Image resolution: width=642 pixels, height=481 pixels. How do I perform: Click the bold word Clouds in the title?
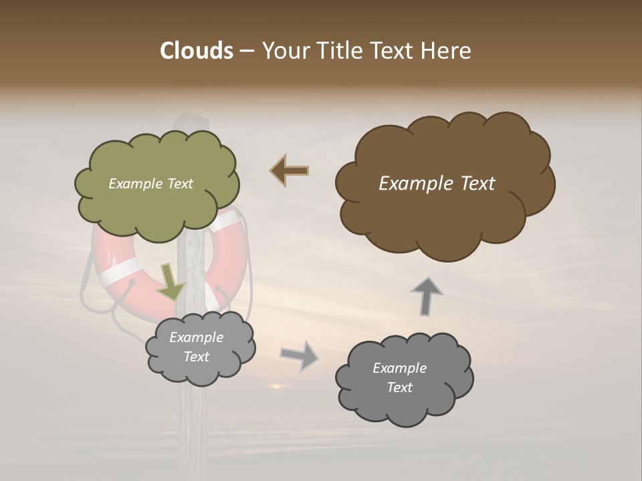coord(196,51)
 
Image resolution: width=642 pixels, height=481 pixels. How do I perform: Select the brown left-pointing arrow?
coord(290,171)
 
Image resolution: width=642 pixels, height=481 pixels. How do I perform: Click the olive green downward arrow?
coord(171,283)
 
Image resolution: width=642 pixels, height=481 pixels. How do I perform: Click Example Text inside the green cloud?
coord(150,184)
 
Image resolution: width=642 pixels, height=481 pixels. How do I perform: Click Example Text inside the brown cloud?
coord(437,184)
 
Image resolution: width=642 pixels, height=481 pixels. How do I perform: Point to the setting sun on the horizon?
coord(275,386)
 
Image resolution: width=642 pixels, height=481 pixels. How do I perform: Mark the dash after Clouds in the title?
coord(246,51)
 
